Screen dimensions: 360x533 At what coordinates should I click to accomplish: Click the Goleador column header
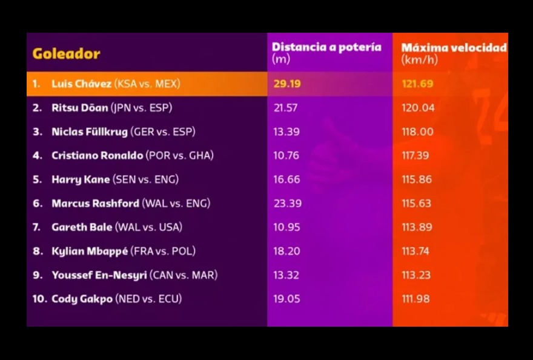[66, 54]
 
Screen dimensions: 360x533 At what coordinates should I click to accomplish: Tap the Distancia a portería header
[326, 47]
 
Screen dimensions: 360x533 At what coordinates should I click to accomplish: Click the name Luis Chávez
[81, 84]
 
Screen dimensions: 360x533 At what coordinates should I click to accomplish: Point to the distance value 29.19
[286, 84]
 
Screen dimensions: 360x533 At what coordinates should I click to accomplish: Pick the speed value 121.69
[417, 84]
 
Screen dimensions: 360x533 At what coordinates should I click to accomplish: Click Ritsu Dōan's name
[79, 108]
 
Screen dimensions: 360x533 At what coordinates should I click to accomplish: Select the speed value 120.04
[417, 108]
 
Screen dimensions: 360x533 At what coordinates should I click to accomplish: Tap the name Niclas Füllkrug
[89, 132]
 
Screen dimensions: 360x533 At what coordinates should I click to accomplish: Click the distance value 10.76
[286, 156]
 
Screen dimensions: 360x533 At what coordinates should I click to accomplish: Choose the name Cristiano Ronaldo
[97, 156]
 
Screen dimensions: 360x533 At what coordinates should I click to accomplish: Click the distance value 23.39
[287, 204]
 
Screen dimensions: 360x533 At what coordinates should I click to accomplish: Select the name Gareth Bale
[82, 227]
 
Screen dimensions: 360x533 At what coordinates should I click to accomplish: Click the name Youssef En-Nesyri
[99, 275]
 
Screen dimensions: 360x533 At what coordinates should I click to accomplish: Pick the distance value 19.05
[286, 299]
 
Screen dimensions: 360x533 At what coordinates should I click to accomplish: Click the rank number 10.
[39, 299]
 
